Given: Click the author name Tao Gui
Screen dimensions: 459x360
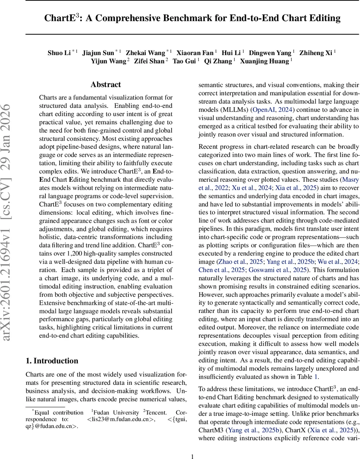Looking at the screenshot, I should (x=184, y=61).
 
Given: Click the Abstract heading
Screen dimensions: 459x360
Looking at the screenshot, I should (x=106, y=85).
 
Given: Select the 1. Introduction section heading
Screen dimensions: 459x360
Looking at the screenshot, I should (x=52, y=361).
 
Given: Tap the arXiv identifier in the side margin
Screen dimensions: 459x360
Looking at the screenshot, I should (x=12, y=191).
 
